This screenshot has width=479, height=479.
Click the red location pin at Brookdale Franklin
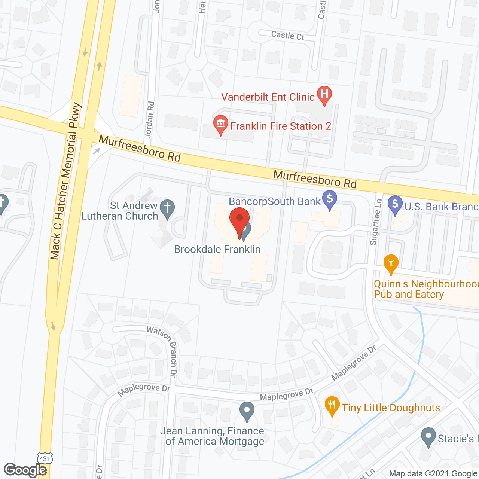(239, 220)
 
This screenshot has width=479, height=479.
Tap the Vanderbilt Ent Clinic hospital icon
(324, 94)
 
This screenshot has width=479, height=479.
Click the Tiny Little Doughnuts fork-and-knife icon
(332, 406)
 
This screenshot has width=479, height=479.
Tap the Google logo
(25, 470)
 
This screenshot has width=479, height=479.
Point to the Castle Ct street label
(287, 36)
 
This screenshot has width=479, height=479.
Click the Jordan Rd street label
(150, 120)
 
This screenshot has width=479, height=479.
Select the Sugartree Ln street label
(376, 222)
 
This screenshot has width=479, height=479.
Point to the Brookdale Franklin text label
(217, 249)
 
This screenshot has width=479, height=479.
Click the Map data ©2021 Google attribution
(433, 474)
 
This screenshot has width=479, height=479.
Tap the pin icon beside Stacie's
(428, 437)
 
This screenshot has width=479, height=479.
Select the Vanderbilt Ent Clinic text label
(268, 97)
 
